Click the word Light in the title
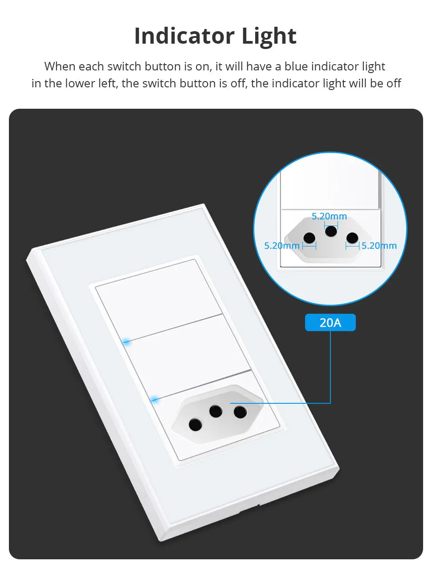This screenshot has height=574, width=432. [x=269, y=36]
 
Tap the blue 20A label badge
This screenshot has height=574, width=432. [x=330, y=322]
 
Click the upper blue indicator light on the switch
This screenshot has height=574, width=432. [x=126, y=342]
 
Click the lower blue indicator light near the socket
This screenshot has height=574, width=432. [x=155, y=399]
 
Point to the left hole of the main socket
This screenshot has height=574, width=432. [x=195, y=425]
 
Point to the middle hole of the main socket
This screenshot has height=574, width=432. [x=216, y=410]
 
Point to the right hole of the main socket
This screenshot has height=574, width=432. [x=240, y=412]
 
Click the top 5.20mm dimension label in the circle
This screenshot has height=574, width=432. [x=329, y=216]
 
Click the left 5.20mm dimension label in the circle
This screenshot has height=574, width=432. [x=281, y=246]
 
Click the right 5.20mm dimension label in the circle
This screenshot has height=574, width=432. [x=379, y=246]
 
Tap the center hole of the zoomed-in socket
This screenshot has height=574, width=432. [x=331, y=231]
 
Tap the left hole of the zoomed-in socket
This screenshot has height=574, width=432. [x=310, y=238]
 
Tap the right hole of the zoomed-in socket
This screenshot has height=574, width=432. [x=352, y=238]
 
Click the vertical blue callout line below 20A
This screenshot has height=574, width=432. [x=330, y=365]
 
